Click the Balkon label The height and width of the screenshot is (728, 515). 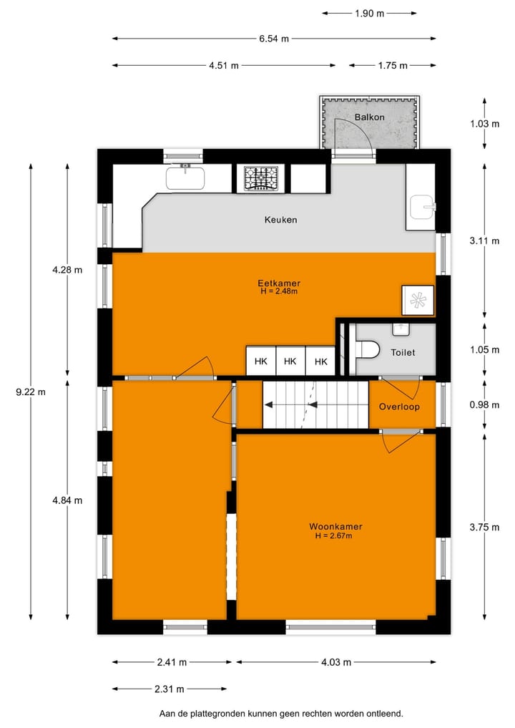coord(369,117)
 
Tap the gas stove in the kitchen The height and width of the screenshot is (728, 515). coord(261,178)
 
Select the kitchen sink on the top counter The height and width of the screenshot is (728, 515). coord(185,177)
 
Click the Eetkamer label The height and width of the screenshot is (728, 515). coord(278,283)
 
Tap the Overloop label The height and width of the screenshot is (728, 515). coord(399,407)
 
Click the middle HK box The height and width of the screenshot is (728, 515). coord(290,361)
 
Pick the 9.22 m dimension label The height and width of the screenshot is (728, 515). coord(31,392)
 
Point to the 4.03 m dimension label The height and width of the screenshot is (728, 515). coord(336,662)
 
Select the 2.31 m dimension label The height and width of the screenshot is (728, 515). coord(170,689)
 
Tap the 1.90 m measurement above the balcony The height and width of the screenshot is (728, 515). coord(369,12)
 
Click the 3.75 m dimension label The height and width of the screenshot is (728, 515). coord(484,527)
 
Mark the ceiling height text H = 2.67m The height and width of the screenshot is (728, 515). coord(333,535)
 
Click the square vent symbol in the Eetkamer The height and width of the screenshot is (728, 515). coord(417,300)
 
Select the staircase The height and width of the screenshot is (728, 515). coord(315,404)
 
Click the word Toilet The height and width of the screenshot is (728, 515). coord(403,353)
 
